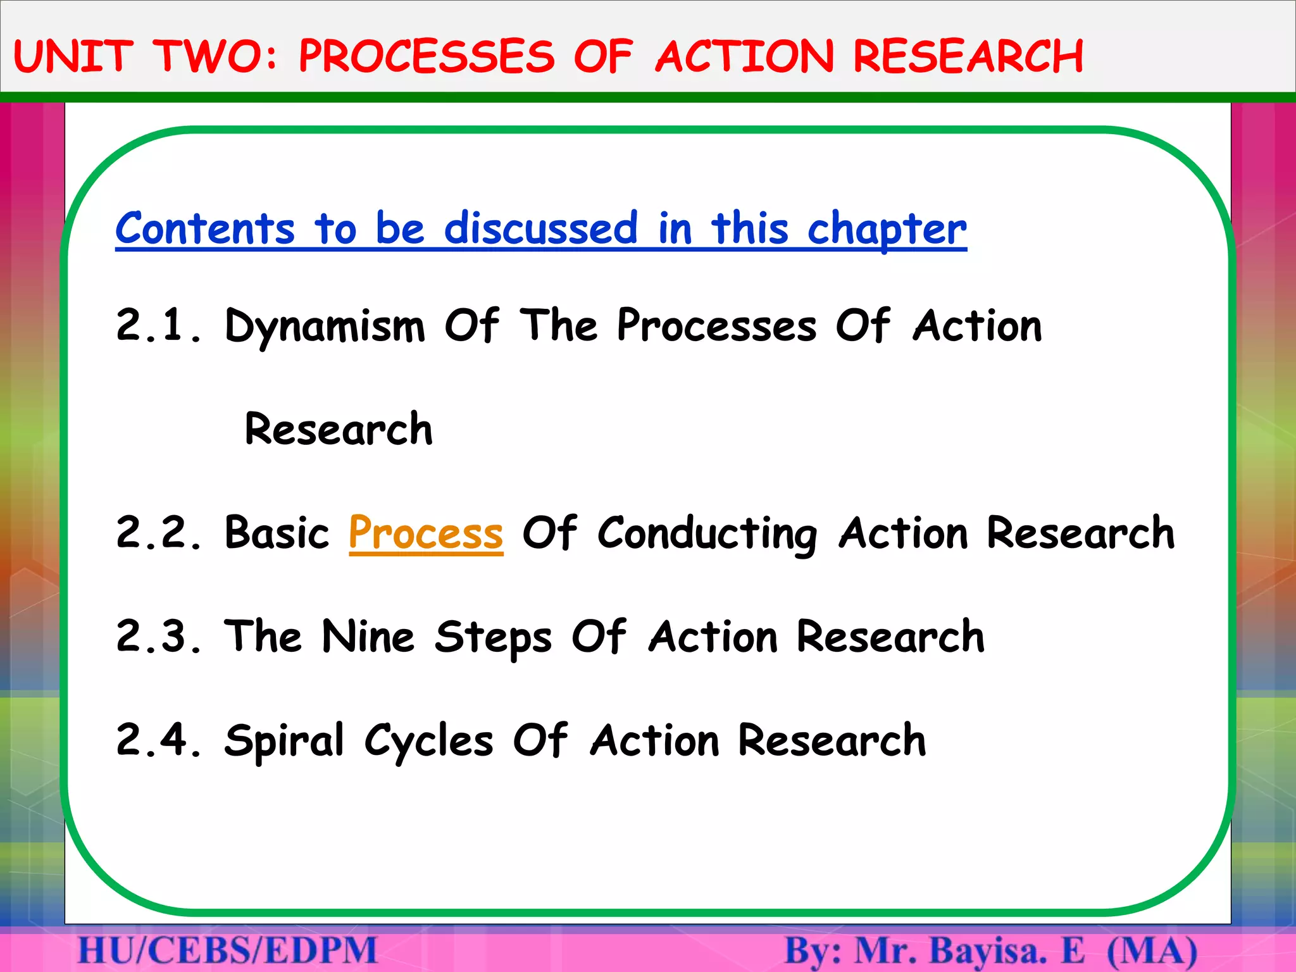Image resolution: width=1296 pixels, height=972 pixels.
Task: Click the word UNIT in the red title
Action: tap(73, 56)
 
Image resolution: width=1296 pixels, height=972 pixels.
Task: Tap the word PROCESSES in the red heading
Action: tap(427, 56)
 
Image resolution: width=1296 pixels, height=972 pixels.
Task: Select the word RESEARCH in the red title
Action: tap(968, 56)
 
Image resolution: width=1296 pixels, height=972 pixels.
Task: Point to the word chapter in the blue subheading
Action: tap(887, 228)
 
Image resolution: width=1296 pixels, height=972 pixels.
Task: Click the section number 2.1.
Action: tap(158, 326)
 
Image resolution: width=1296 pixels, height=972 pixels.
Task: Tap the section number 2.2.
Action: tap(158, 533)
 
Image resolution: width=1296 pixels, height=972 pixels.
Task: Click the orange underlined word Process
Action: tap(426, 533)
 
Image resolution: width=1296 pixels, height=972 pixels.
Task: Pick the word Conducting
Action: tap(707, 533)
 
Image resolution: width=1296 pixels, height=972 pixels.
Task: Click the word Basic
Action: tap(277, 533)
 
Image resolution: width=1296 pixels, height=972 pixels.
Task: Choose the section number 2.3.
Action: tap(158, 637)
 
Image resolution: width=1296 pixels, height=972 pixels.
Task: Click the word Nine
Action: tap(368, 637)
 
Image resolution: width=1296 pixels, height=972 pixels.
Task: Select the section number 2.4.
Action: tap(158, 740)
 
